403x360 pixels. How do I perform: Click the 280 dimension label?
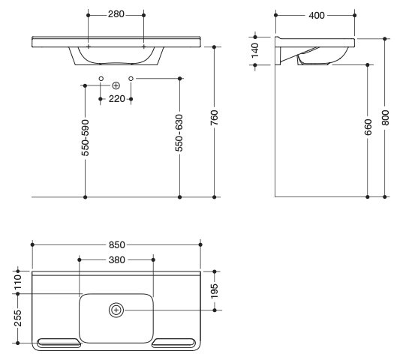[x=116, y=14]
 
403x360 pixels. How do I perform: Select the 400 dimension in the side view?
[x=317, y=16]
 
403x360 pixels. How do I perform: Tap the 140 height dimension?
[x=255, y=50]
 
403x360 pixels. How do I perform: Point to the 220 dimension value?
[x=116, y=98]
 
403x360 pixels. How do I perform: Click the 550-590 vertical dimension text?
[x=85, y=138]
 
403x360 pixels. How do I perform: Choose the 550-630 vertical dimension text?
[x=179, y=133]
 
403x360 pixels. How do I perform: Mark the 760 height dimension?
[x=214, y=118]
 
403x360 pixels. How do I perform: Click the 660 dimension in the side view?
[x=368, y=127]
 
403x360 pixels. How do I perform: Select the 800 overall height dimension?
[x=385, y=118]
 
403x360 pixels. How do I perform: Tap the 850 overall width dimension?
[x=116, y=244]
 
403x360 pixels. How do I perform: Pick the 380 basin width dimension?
[x=116, y=259]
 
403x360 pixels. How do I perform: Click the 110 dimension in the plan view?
[x=18, y=282]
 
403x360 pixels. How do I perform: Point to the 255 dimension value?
[x=18, y=318]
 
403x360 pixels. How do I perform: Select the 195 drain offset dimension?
[x=215, y=291]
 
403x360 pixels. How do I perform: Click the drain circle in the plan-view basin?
[x=116, y=310]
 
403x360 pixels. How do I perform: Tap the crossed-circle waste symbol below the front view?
[x=116, y=85]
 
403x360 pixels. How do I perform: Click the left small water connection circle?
[x=101, y=79]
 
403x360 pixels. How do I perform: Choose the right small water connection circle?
[x=131, y=79]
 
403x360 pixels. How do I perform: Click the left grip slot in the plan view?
[x=59, y=343]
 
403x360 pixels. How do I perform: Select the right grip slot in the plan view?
[x=174, y=343]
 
